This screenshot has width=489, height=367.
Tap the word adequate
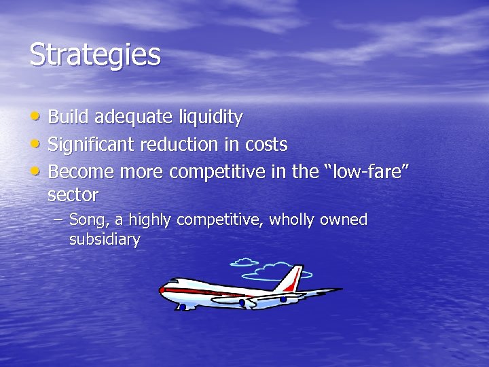point(133,118)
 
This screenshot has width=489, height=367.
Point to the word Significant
point(92,145)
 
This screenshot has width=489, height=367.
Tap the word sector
point(73,196)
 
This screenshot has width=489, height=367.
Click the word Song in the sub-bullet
point(87,220)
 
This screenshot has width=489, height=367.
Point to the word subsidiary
point(105,240)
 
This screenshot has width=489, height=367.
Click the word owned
point(344,220)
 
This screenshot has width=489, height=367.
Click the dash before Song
point(58,220)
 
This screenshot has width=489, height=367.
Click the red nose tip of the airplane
point(162,290)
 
